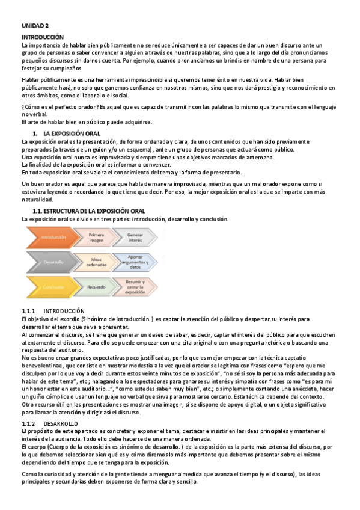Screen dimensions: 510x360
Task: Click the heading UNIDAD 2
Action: (x=35, y=26)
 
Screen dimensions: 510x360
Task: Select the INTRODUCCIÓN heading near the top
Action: (x=41, y=37)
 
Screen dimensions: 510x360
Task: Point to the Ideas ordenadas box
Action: (x=96, y=262)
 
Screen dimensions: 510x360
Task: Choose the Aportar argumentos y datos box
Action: (x=135, y=262)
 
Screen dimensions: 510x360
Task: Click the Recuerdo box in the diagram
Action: (x=96, y=287)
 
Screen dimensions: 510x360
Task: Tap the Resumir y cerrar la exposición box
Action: (x=135, y=287)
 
